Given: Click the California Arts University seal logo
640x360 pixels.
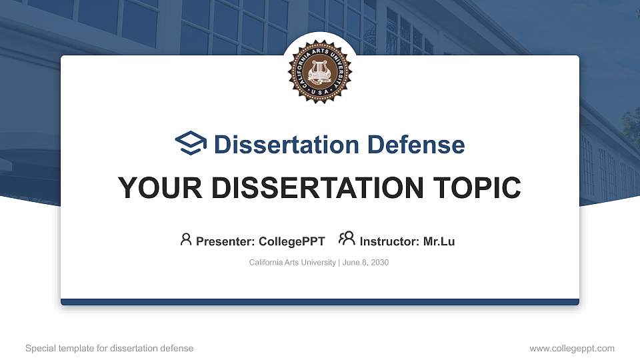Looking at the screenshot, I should click(x=319, y=71).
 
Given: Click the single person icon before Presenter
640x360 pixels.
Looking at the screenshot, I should click(x=186, y=239).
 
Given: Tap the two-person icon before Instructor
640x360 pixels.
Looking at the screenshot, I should click(x=347, y=239).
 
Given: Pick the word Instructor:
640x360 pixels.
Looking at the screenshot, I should click(x=389, y=241).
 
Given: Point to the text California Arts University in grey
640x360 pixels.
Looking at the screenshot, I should click(x=292, y=263).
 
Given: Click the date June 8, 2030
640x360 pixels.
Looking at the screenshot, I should click(x=365, y=263).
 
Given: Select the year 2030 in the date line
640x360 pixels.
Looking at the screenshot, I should click(x=379, y=263).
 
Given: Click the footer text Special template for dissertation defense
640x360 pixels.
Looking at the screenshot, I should click(x=109, y=348).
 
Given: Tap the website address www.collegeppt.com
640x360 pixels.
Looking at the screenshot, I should click(x=572, y=348).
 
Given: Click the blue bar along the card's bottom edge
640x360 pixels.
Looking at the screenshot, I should click(x=319, y=302).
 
